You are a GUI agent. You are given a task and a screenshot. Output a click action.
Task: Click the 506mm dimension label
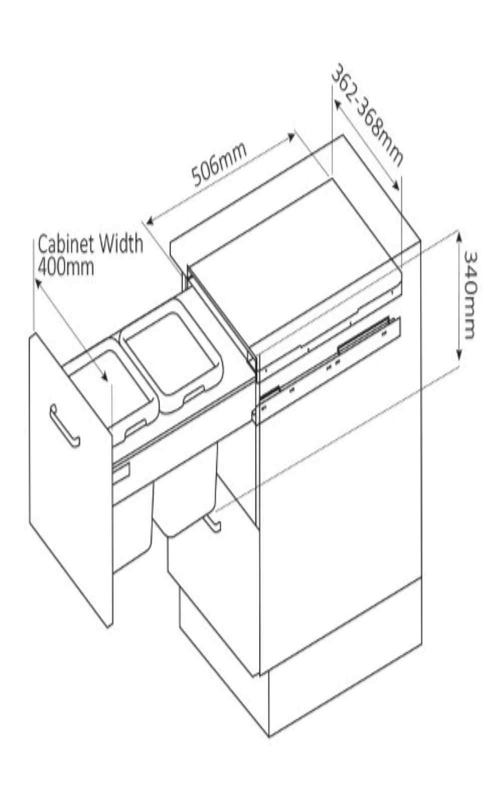(x=220, y=164)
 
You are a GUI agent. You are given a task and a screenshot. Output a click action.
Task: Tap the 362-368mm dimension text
(x=367, y=116)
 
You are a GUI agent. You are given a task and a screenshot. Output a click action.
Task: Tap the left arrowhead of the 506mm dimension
(x=149, y=220)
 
